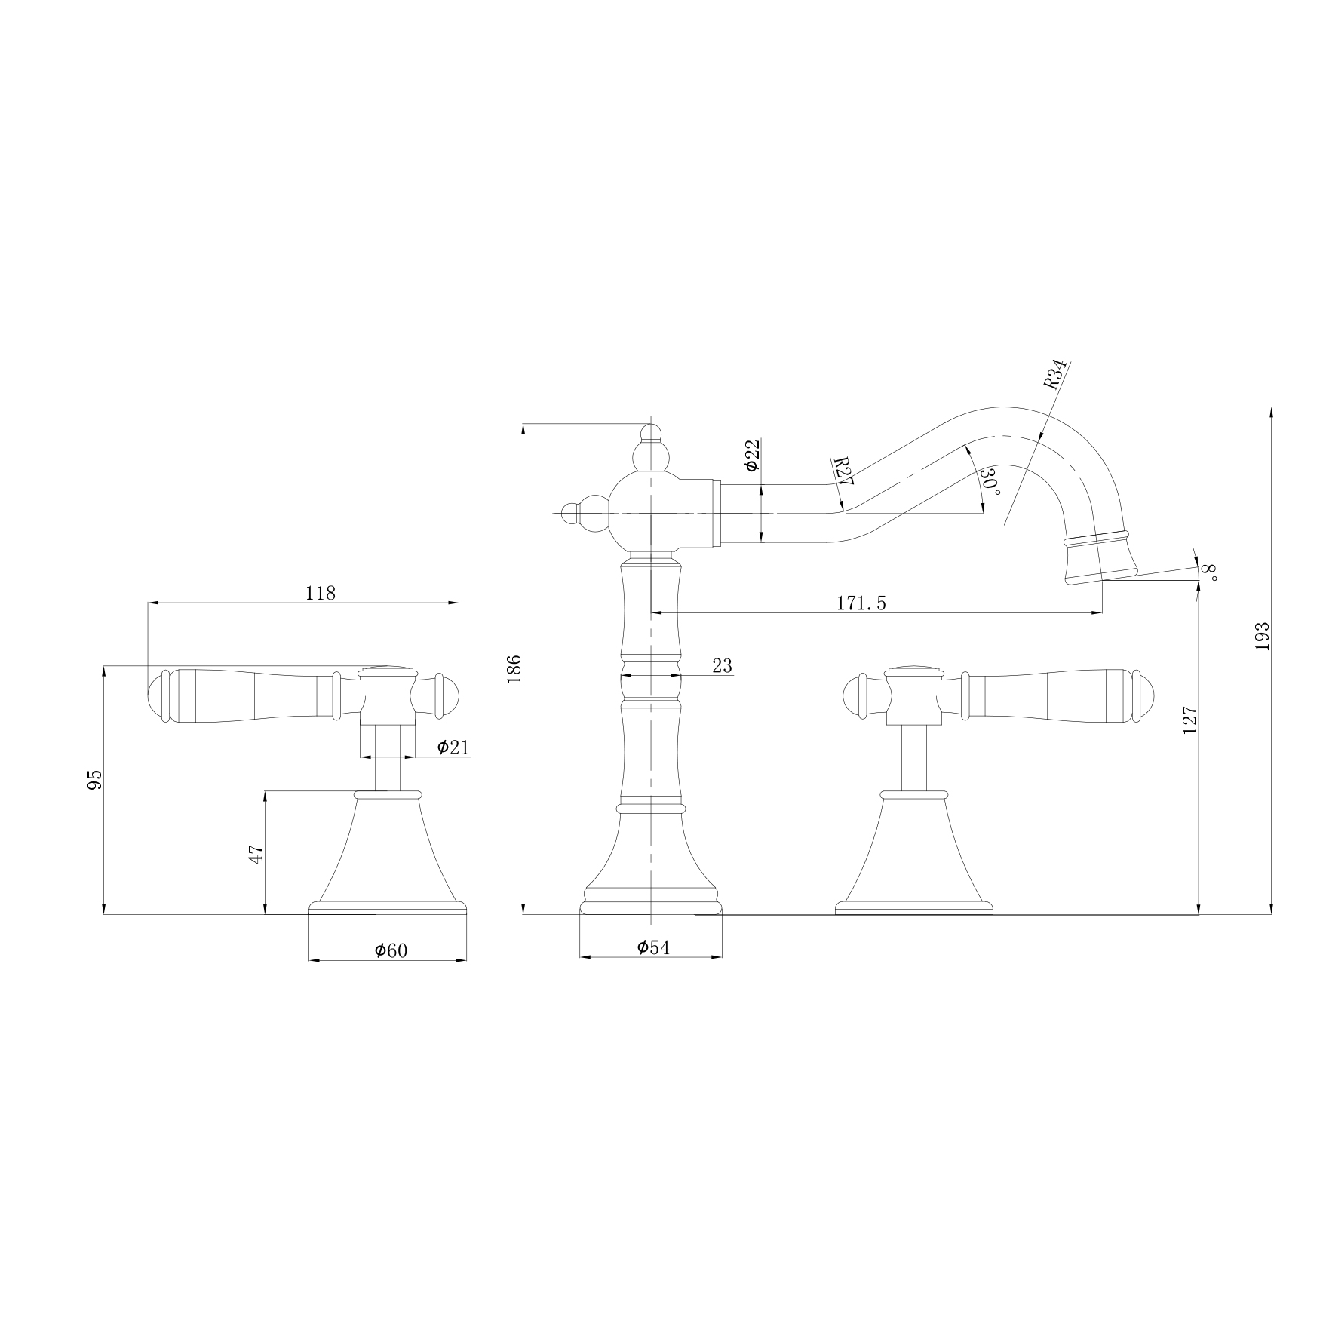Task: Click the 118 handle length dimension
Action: (x=320, y=593)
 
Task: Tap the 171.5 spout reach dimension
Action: (x=861, y=603)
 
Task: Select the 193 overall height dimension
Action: (x=1263, y=637)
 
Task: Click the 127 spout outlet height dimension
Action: (x=1190, y=720)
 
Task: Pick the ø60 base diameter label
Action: (x=391, y=950)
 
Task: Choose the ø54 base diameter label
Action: (x=653, y=947)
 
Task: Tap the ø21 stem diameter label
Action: (x=453, y=747)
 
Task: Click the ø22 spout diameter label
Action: (x=752, y=456)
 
